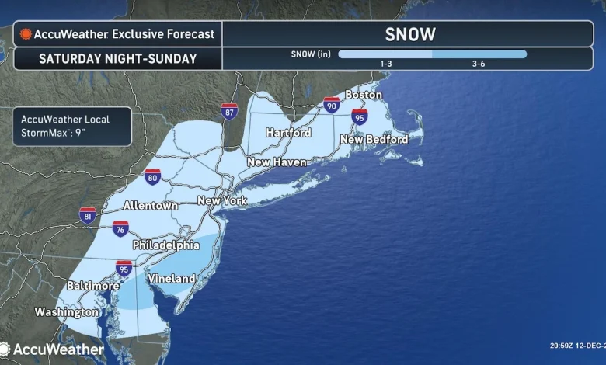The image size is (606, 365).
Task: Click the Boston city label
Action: tap(364, 95)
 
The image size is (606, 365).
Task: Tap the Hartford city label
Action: tap(288, 133)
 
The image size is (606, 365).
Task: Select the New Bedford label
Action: tap(374, 140)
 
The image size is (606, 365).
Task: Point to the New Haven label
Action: tap(277, 162)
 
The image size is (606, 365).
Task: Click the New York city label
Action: tap(222, 200)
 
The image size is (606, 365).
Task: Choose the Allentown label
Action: tap(151, 206)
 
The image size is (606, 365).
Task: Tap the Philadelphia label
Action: tap(165, 245)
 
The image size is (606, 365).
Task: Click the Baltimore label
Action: tap(92, 285)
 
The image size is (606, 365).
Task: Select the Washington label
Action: tap(67, 312)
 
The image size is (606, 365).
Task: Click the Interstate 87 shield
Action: tap(229, 112)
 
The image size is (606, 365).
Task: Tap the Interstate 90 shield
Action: tap(332, 105)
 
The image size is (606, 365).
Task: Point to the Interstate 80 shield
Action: tap(152, 178)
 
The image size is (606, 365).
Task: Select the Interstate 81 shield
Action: tap(88, 216)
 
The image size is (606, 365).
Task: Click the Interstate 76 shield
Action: tap(120, 229)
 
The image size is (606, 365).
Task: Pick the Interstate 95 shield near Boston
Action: tap(359, 117)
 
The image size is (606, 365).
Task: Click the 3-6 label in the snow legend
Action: tap(479, 64)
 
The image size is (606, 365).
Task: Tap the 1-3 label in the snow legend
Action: tap(385, 64)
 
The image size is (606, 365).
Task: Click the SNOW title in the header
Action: tap(410, 34)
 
